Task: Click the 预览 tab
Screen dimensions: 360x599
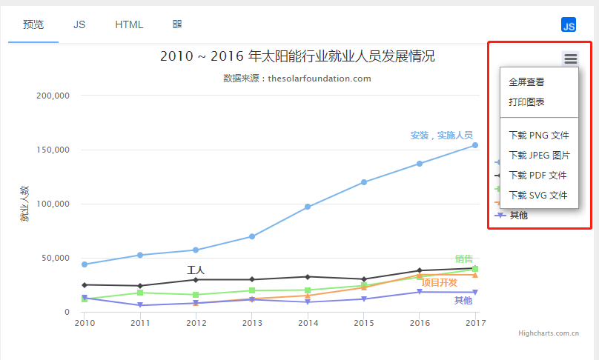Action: coord(33,24)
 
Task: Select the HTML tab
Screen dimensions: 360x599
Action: coord(129,24)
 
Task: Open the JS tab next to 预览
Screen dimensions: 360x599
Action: coord(79,24)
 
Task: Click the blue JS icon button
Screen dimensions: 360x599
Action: coord(569,25)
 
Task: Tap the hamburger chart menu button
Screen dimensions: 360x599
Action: coord(570,59)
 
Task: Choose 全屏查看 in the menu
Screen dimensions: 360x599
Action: coord(526,82)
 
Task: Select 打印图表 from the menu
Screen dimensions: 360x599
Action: coord(526,102)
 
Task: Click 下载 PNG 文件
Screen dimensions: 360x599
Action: coord(539,136)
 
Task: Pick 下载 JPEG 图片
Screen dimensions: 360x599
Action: coord(539,156)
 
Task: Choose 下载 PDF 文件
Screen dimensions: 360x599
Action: coord(537,176)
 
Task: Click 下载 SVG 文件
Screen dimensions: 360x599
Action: coord(538,196)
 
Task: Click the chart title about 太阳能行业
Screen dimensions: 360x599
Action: coord(297,56)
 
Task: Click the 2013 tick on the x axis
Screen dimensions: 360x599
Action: coord(252,323)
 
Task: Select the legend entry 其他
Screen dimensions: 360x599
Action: coord(518,215)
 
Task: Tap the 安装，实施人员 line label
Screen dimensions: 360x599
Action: coord(442,136)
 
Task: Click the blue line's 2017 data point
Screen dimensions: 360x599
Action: coord(475,145)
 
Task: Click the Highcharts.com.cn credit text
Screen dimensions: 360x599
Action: coord(548,333)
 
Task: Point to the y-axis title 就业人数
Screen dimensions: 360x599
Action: coord(24,204)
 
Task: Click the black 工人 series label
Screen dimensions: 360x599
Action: coord(195,270)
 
